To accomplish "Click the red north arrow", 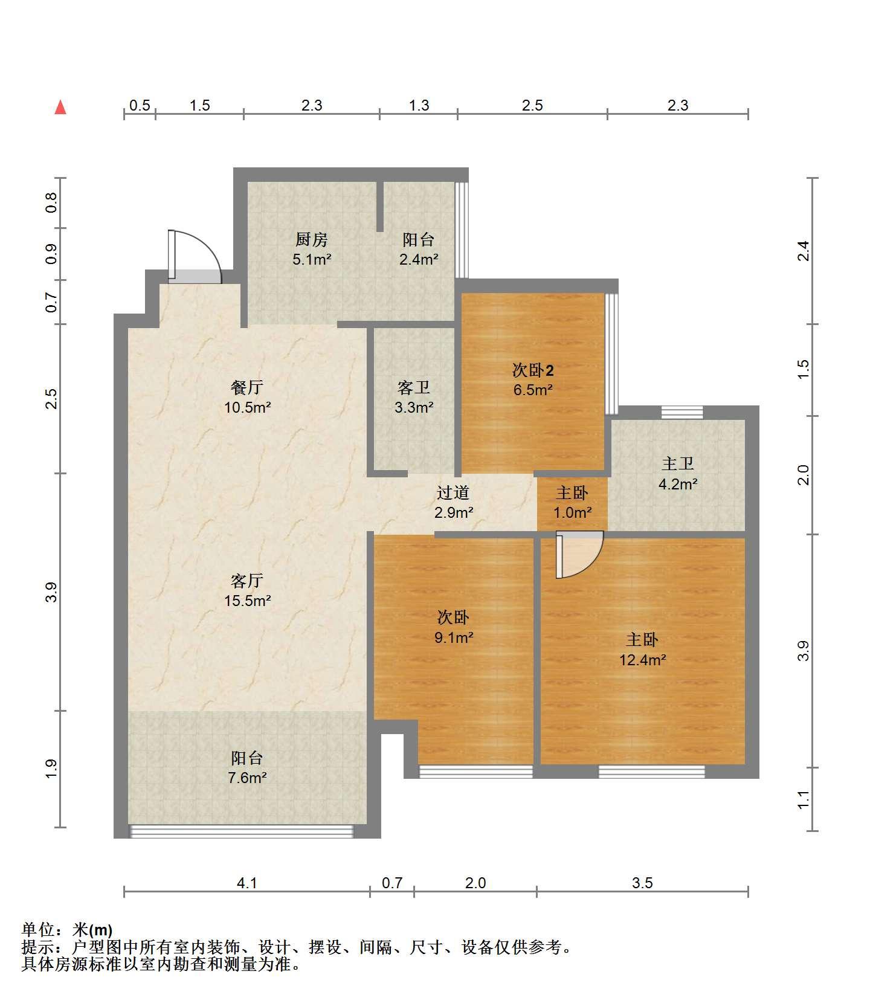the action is click(x=60, y=108).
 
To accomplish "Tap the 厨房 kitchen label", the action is click(x=312, y=240).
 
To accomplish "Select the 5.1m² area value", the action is click(x=312, y=260).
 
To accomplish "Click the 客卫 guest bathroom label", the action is click(x=414, y=387).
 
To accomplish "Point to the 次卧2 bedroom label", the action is click(x=533, y=370).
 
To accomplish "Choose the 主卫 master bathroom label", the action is click(x=677, y=464).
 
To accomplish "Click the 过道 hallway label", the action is click(x=453, y=493).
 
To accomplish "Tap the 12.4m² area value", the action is click(x=642, y=660).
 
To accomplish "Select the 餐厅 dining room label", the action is click(x=247, y=387).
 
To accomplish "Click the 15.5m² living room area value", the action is click(x=247, y=601).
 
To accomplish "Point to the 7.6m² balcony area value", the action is click(x=247, y=778).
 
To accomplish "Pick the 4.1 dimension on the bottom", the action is click(x=246, y=883).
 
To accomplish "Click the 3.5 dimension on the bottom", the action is click(x=642, y=883).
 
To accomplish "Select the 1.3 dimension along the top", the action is click(x=419, y=105).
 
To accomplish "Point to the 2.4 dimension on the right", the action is click(x=803, y=251).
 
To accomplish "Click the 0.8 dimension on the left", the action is click(x=51, y=202).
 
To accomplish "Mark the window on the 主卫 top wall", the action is click(x=682, y=413).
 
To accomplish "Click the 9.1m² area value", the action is click(x=453, y=637).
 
